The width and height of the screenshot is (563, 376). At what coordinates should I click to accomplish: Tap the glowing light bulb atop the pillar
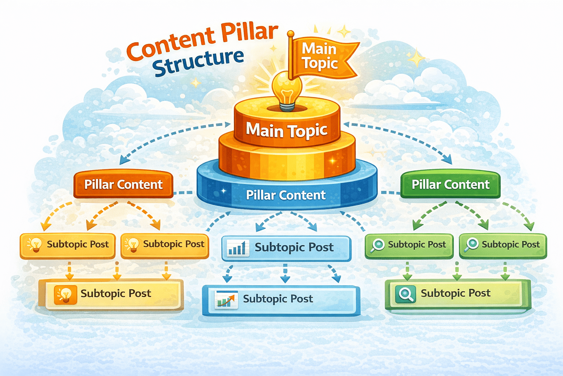point(287,88)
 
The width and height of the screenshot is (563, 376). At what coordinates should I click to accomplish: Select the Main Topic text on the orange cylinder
point(286,130)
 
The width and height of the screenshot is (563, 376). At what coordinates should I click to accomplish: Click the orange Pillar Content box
point(124,184)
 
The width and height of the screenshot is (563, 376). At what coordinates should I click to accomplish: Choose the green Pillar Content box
point(450,184)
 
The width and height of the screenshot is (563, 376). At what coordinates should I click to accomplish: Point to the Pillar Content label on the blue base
point(286,195)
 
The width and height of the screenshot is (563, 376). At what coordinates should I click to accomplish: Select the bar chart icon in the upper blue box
point(236,248)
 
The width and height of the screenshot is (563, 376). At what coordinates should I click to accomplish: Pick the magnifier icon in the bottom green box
point(406,294)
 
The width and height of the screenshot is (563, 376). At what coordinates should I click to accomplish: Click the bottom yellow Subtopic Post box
point(111,294)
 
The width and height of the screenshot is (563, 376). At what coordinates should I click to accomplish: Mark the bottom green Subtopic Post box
point(457,294)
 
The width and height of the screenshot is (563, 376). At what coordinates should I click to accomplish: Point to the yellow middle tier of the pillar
point(287,158)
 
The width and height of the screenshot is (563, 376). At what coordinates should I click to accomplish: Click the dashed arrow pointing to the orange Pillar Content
point(165,136)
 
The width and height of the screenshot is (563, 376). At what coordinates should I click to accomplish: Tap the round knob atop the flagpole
point(291,34)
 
